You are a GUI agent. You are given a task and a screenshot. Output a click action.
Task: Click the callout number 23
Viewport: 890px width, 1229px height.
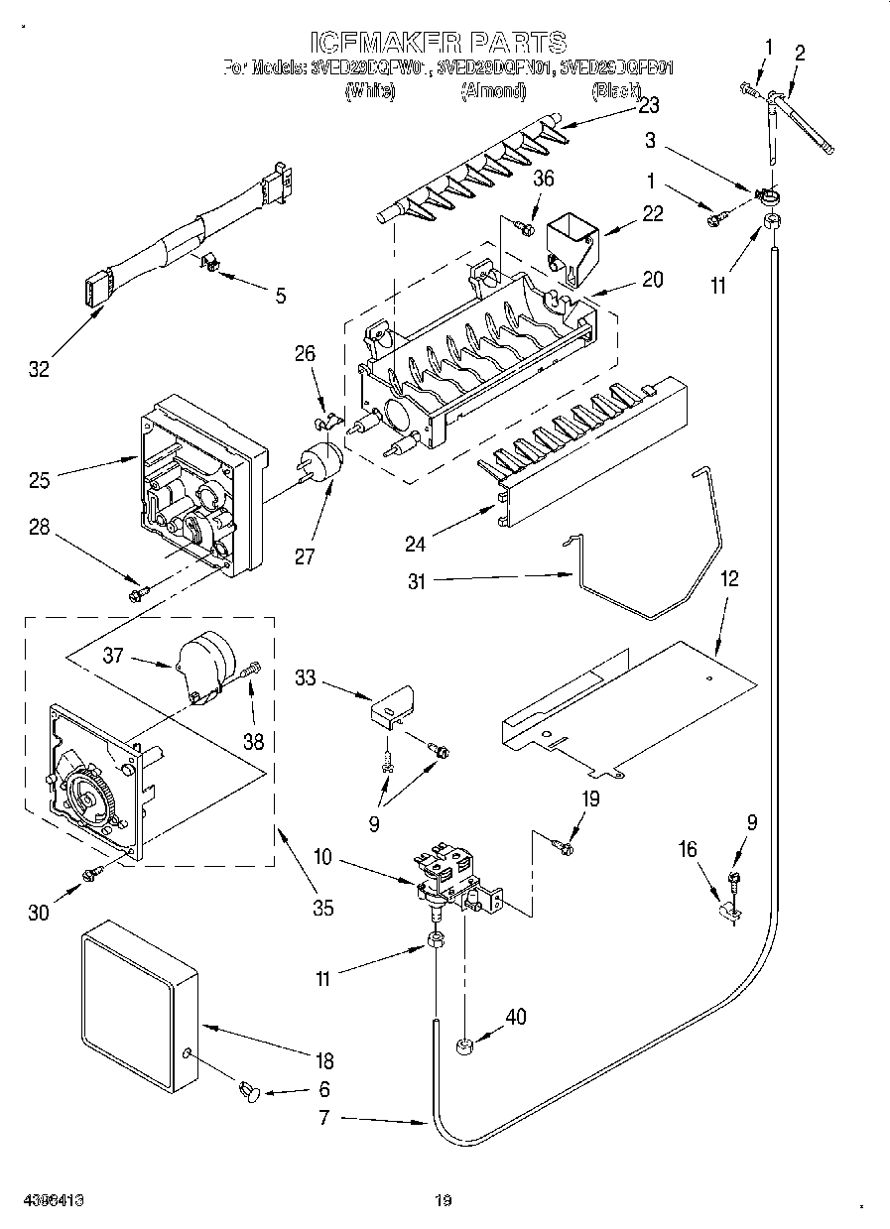(621, 105)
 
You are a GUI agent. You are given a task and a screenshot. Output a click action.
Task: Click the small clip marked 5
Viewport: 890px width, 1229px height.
(210, 262)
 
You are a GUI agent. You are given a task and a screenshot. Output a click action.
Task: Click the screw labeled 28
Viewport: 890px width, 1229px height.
(137, 593)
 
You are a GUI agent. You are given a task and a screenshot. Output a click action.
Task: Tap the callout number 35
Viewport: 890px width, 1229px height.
(322, 906)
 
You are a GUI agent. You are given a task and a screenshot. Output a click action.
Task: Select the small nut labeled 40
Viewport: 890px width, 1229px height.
(463, 1045)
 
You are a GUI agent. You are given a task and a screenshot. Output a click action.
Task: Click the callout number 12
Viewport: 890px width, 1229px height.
(729, 578)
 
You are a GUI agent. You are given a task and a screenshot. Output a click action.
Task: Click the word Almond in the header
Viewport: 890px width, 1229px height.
(493, 91)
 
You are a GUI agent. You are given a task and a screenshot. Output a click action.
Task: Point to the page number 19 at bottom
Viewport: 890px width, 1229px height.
(444, 1201)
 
